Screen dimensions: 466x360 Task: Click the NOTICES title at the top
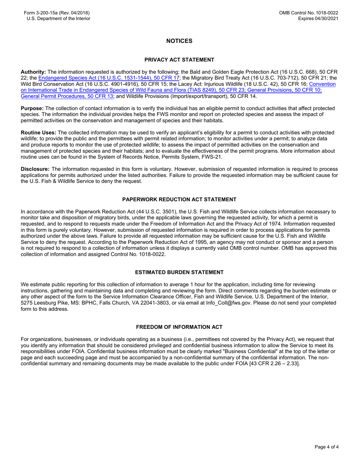(x=179, y=41)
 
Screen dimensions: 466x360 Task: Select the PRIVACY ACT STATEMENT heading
(x=179, y=60)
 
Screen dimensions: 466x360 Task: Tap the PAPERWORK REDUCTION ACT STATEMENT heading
(x=179, y=200)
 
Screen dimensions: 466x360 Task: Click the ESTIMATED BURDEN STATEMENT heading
(x=179, y=272)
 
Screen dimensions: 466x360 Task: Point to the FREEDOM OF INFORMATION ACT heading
(x=179, y=327)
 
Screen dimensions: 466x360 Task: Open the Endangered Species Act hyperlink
(x=109, y=78)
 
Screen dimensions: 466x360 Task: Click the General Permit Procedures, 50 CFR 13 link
(x=67, y=96)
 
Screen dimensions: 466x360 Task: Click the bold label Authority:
(x=33, y=72)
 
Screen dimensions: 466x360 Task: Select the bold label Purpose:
(x=32, y=108)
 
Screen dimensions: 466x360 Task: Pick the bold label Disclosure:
(x=35, y=169)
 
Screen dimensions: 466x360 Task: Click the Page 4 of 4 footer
(x=327, y=447)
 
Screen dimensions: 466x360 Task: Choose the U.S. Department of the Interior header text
(x=58, y=19)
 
